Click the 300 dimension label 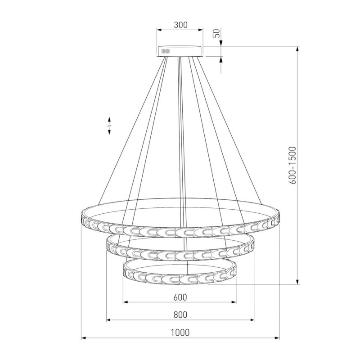click(180, 25)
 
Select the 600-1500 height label click(292, 165)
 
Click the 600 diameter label click(180, 297)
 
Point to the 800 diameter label click(180, 315)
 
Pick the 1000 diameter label click(180, 332)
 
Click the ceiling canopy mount click(180, 51)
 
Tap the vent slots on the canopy click(165, 51)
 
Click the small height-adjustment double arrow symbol click(109, 126)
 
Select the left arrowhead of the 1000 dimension click(84, 338)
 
